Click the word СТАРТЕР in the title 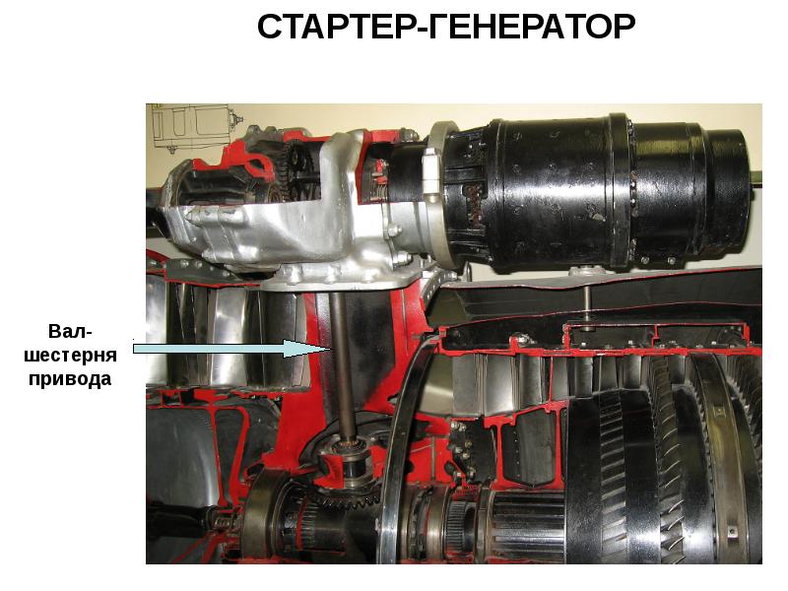pyautogui.click(x=337, y=27)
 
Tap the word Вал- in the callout pyautogui.click(x=70, y=332)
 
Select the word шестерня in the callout pyautogui.click(x=70, y=356)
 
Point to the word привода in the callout pyautogui.click(x=70, y=378)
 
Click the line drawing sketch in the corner pyautogui.click(x=191, y=127)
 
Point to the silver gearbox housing pyautogui.click(x=282, y=221)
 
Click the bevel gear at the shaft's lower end pyautogui.click(x=352, y=495)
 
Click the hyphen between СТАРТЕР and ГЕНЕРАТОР pyautogui.click(x=423, y=31)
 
